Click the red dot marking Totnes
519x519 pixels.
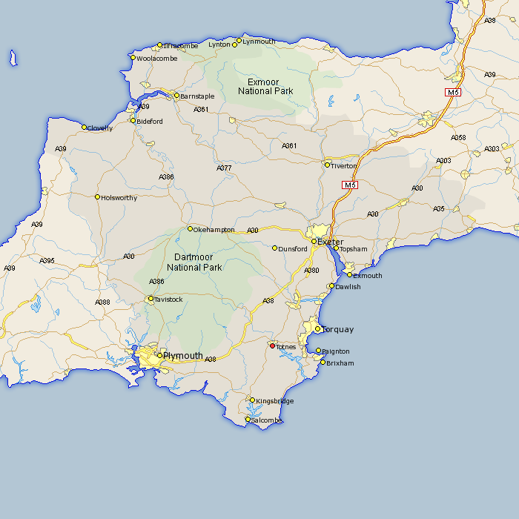[x=272, y=346]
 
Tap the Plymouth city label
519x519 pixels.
[x=183, y=356]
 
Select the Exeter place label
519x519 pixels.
[x=331, y=242]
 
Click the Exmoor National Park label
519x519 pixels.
[x=265, y=86]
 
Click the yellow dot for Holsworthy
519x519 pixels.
[x=97, y=197]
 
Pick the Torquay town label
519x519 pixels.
[x=337, y=329]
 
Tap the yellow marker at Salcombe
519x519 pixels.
[x=248, y=420]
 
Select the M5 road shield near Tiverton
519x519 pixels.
[x=350, y=185]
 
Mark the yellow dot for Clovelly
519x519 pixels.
[x=84, y=128]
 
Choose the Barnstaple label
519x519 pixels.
[x=197, y=96]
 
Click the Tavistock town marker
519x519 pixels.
[x=151, y=300]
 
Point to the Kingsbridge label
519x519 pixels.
[x=274, y=401]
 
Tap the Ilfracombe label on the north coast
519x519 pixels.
[x=181, y=46]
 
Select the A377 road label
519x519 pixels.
[x=224, y=168]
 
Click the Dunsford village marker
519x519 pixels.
[x=275, y=248]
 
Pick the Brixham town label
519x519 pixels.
[x=340, y=363]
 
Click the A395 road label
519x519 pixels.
[x=47, y=260]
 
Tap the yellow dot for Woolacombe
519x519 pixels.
[x=133, y=58]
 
